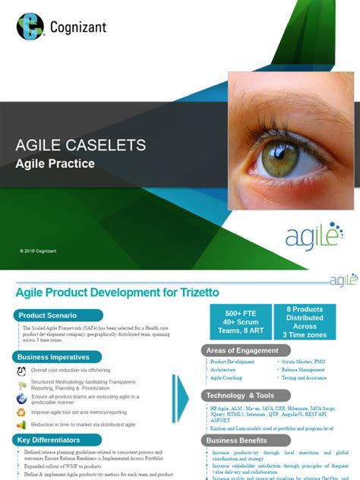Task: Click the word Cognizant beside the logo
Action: (78, 27)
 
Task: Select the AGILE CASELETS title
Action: (81, 145)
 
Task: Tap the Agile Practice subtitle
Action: (55, 163)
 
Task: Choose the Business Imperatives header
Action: (54, 357)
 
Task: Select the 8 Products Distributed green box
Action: (305, 322)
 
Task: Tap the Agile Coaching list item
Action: (226, 377)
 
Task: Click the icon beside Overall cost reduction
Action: (21, 371)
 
